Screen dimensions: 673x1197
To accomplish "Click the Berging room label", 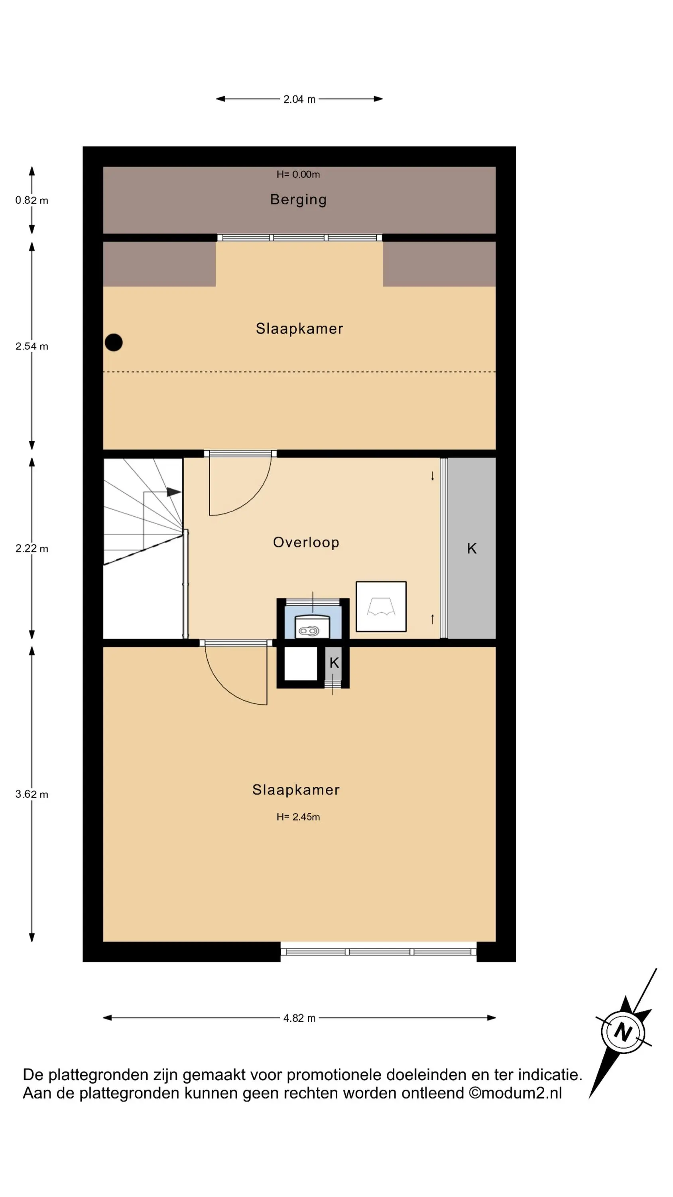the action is pyautogui.click(x=298, y=199).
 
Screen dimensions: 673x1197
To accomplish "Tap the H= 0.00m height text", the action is pyautogui.click(x=298, y=174).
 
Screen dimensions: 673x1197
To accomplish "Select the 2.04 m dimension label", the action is pyautogui.click(x=299, y=99).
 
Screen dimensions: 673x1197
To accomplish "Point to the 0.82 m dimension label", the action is pyautogui.click(x=31, y=200).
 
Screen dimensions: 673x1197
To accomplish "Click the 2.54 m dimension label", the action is pyautogui.click(x=31, y=346).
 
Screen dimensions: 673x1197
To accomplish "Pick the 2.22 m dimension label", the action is pyautogui.click(x=31, y=548).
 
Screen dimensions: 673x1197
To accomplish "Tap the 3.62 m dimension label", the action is pyautogui.click(x=31, y=794).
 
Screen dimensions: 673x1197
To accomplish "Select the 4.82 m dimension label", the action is pyautogui.click(x=299, y=1018).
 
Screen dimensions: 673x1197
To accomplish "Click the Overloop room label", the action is pyautogui.click(x=306, y=542).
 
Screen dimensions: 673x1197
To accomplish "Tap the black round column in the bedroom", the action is pyautogui.click(x=114, y=342).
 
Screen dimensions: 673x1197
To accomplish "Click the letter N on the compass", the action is pyautogui.click(x=623, y=1033).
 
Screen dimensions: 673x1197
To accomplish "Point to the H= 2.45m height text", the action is pyautogui.click(x=298, y=816).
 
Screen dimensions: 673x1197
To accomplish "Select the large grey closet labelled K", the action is pyautogui.click(x=471, y=548).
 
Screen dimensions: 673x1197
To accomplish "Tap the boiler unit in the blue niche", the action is pyautogui.click(x=312, y=626).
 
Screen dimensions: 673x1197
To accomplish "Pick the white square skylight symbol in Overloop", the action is pyautogui.click(x=381, y=606).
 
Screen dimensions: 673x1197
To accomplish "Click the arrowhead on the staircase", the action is pyautogui.click(x=174, y=492).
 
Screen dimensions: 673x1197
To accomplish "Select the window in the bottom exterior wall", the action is pyautogui.click(x=378, y=952).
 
